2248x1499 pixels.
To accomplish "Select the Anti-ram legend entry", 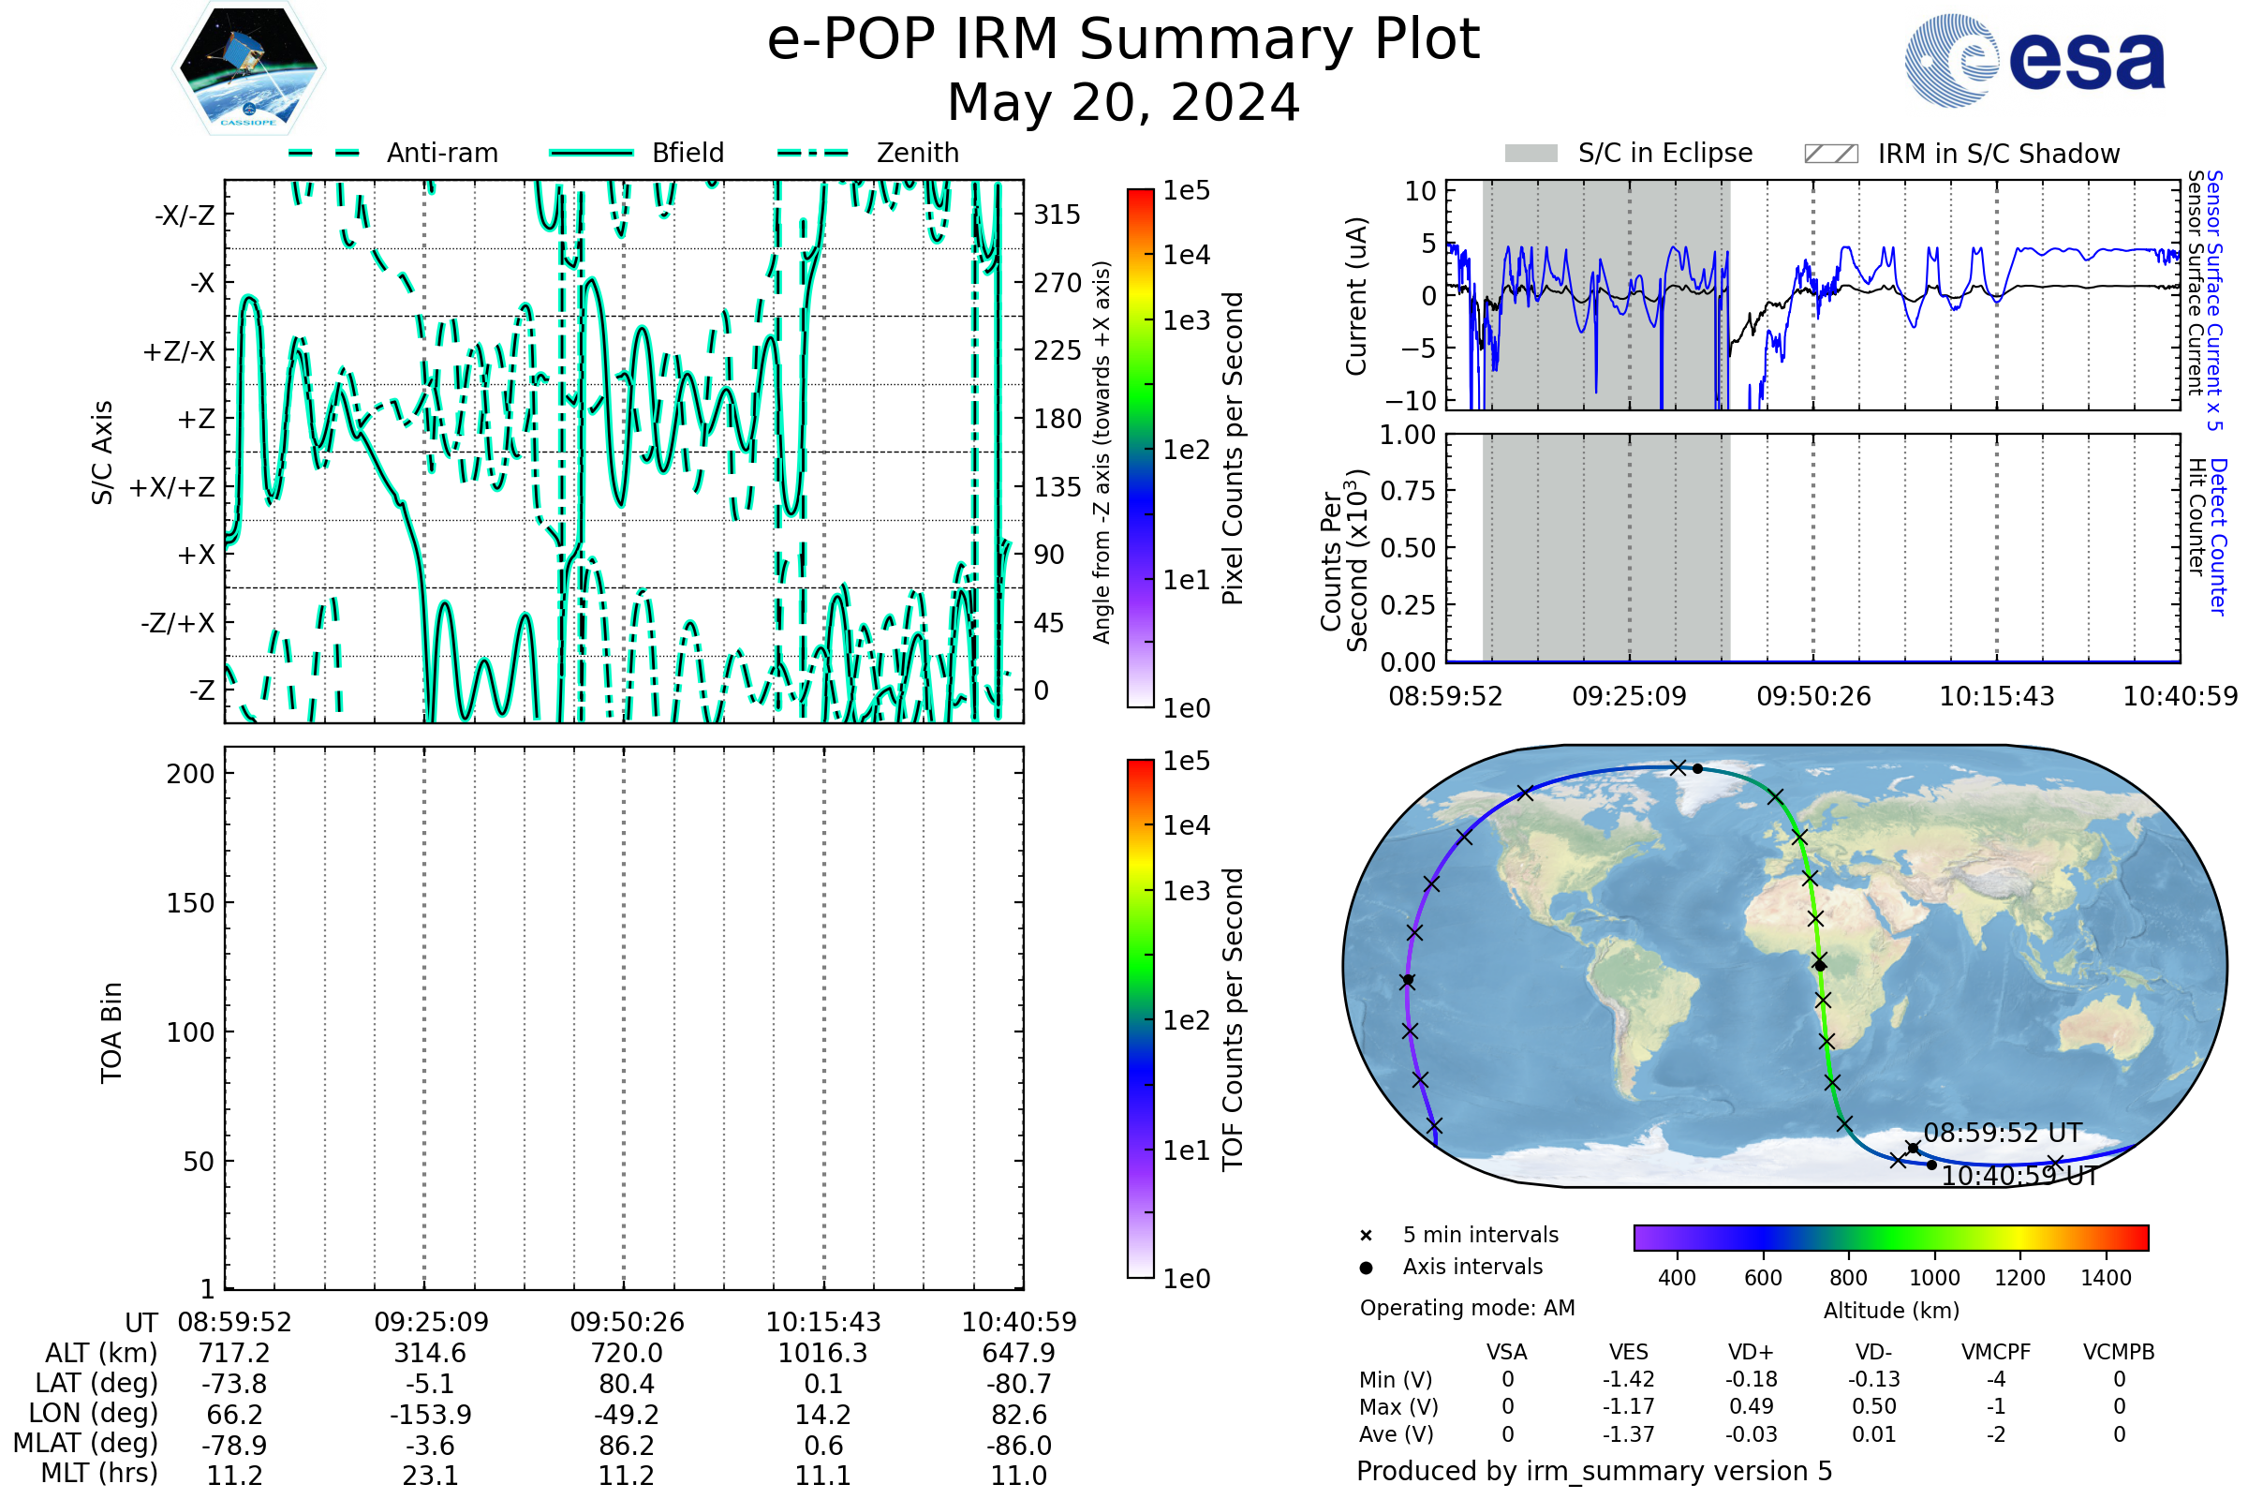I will coord(441,153).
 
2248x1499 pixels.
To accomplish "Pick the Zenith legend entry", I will coord(917,153).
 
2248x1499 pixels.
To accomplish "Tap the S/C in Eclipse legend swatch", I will coord(1531,154).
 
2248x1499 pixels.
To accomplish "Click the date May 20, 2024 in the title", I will coord(1123,103).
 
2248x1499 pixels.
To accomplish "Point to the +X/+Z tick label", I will coord(172,487).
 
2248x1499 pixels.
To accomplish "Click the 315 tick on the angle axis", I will coord(1057,215).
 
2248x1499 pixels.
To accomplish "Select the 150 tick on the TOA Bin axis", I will coord(190,903).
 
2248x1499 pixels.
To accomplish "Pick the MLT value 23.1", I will coord(430,1475).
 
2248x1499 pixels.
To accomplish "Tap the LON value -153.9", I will coord(430,1414).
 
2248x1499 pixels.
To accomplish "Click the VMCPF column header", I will coord(1995,1352).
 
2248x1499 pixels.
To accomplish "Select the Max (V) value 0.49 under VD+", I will coord(1751,1406).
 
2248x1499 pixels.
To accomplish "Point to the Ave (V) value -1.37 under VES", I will coord(1628,1434).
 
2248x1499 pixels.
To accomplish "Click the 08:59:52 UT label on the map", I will coord(2002,1133).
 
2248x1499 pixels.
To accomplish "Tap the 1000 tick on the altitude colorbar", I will coord(1933,1278).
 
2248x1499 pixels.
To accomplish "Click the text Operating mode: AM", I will coord(1466,1308).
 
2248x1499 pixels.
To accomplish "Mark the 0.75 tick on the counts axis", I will coord(1408,491).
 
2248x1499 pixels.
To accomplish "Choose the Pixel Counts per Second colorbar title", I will coord(1233,448).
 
